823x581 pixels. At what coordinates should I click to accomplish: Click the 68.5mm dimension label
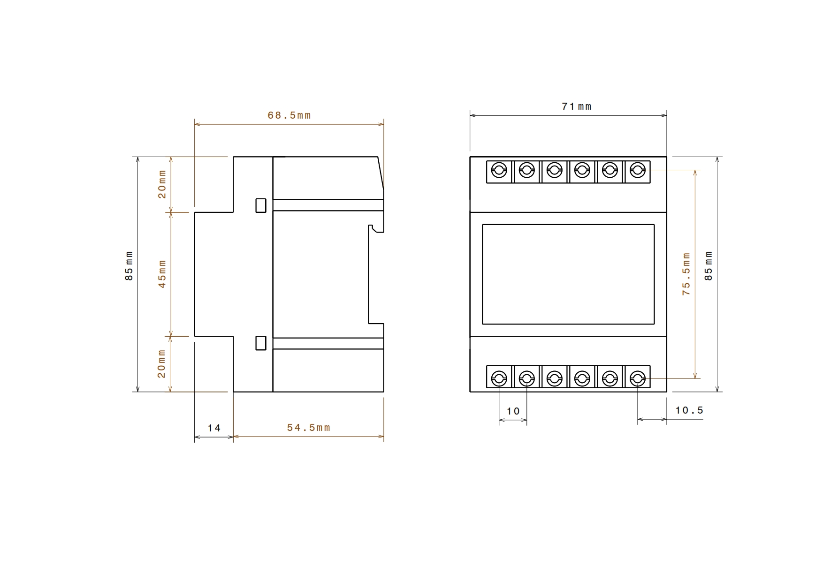(x=289, y=115)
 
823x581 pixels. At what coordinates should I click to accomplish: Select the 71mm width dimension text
(x=577, y=106)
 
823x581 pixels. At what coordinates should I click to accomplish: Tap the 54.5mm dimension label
(x=309, y=428)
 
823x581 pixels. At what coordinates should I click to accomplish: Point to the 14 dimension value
(x=214, y=428)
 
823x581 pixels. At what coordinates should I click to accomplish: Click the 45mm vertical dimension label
(x=162, y=274)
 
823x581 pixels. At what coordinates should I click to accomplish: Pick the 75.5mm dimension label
(x=686, y=274)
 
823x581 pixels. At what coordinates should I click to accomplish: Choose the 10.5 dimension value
(x=689, y=410)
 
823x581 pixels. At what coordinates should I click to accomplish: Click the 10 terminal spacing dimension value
(x=513, y=411)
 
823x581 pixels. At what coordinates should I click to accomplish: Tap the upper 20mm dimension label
(x=162, y=184)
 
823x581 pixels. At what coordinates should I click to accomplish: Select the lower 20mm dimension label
(x=162, y=364)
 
